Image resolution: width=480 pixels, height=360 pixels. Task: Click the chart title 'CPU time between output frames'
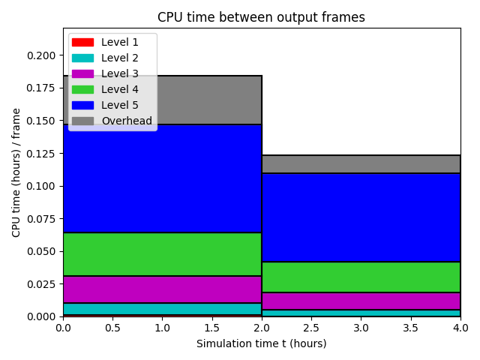click(261, 17)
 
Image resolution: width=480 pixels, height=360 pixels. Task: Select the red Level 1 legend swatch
click(82, 42)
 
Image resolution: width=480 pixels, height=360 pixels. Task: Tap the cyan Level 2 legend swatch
click(82, 58)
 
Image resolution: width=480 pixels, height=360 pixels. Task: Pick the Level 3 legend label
click(120, 73)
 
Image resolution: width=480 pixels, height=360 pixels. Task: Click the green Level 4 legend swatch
click(82, 89)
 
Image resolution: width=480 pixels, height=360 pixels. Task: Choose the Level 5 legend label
click(120, 105)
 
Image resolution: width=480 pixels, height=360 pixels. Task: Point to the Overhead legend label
click(127, 121)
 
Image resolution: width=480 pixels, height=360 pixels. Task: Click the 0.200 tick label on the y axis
click(41, 55)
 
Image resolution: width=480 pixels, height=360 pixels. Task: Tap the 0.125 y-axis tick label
click(41, 154)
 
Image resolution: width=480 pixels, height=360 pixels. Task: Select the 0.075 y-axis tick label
click(41, 219)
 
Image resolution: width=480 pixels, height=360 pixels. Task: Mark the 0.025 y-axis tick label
click(41, 284)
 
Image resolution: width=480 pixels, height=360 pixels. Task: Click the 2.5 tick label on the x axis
click(311, 328)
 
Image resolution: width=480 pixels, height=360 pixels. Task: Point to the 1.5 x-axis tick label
click(211, 328)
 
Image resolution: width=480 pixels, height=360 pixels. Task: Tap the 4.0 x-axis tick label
click(460, 328)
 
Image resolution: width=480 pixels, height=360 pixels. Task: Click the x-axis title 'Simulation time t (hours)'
click(262, 343)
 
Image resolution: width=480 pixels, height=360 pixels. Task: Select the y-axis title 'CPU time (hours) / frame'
click(16, 172)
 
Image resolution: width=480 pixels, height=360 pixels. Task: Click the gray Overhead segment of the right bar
click(361, 164)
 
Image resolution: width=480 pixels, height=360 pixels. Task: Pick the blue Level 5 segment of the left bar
click(162, 178)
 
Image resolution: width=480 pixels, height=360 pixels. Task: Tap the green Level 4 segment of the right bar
click(361, 277)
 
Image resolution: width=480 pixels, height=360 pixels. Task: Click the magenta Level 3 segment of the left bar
click(162, 289)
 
